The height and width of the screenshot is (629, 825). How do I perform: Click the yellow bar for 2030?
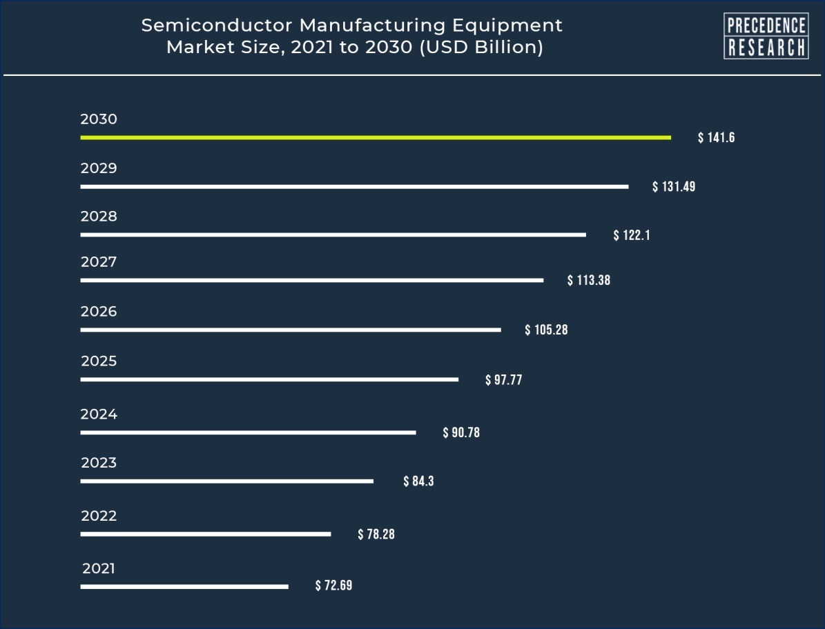point(375,137)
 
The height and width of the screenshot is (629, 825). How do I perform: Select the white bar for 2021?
point(184,587)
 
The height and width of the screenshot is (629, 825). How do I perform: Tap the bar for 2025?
point(269,379)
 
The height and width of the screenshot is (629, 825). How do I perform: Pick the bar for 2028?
point(333,234)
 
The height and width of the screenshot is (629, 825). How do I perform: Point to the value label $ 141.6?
point(716,138)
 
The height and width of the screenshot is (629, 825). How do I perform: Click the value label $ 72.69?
point(333,586)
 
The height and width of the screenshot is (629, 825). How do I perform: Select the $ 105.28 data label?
point(546,330)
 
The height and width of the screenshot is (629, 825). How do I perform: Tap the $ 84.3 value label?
point(418,481)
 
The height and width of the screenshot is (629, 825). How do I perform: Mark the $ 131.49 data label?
point(674,187)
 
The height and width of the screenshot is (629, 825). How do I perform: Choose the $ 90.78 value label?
point(461,433)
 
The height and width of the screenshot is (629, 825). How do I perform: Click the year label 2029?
point(99,168)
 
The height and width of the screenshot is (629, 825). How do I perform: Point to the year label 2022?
point(99,516)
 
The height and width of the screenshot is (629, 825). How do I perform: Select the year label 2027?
point(99,262)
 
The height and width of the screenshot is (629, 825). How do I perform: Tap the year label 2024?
point(99,415)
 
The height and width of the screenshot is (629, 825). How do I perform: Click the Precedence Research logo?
point(766,37)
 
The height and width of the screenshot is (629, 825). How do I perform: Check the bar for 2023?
point(226,481)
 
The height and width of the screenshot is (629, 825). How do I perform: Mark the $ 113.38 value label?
point(589,281)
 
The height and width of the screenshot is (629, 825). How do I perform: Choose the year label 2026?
point(99,312)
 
